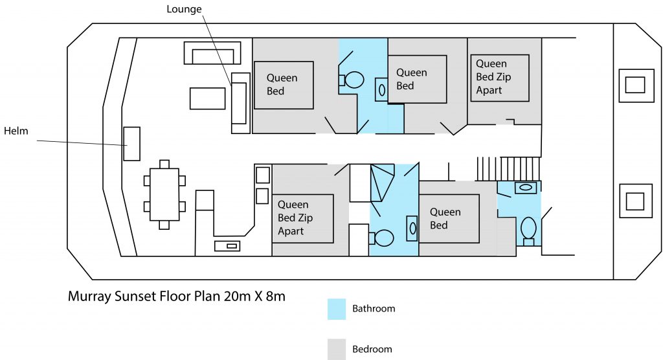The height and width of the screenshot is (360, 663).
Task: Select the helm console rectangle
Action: coord(132,143)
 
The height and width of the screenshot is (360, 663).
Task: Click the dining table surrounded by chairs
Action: coord(164,194)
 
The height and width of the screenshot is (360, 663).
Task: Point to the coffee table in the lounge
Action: coord(207,98)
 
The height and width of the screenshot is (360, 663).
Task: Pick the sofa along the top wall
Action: coord(212,53)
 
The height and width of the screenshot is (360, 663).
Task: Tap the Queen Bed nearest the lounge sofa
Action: coord(284,85)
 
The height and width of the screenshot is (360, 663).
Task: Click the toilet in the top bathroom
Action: coord(352,80)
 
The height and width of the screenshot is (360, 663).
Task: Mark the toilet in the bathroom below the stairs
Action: coord(528,229)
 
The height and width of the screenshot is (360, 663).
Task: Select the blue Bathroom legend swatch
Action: coord(337,309)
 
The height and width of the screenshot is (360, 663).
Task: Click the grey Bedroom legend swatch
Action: coord(337,349)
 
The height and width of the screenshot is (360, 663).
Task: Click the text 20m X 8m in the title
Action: coord(250,296)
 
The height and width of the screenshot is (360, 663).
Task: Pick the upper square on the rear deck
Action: coord(635,85)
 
